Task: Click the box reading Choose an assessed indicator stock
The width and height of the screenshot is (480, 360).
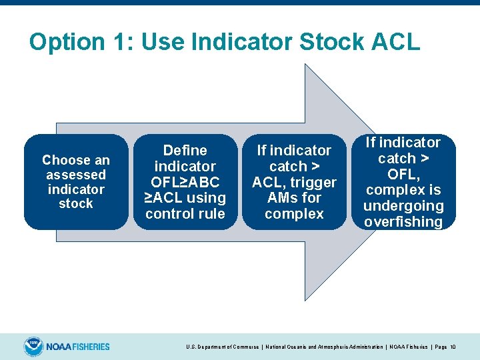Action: pyautogui.click(x=76, y=182)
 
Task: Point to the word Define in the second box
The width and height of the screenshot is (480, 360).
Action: pyautogui.click(x=185, y=151)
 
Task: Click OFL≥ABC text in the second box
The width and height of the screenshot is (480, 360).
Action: pyautogui.click(x=185, y=182)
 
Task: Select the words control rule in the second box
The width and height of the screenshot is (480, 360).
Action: pyautogui.click(x=185, y=214)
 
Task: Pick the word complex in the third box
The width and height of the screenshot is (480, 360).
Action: pyautogui.click(x=294, y=214)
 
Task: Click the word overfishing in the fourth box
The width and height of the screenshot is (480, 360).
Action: pyautogui.click(x=403, y=222)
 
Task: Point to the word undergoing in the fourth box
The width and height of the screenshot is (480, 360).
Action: pyautogui.click(x=403, y=206)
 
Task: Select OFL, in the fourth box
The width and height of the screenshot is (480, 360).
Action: pyautogui.click(x=403, y=174)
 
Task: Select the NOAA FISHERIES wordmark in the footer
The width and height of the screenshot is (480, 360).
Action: pyautogui.click(x=78, y=347)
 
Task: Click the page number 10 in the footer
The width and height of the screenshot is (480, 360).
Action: pyautogui.click(x=453, y=347)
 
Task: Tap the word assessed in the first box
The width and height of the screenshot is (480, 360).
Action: pyautogui.click(x=76, y=175)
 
